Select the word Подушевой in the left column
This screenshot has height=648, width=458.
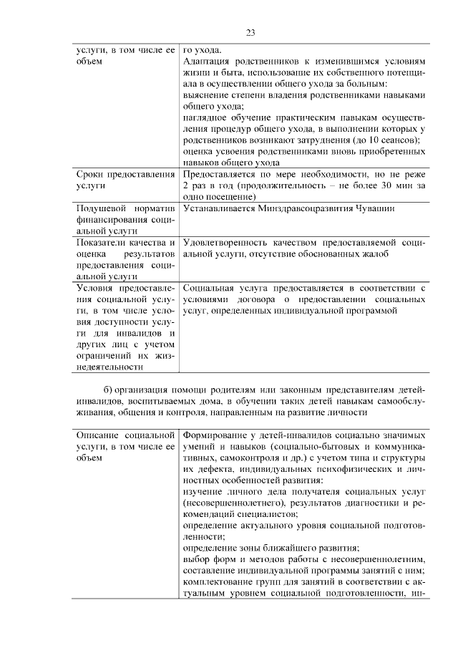tap(100, 208)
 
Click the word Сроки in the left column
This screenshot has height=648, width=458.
tap(89, 174)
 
